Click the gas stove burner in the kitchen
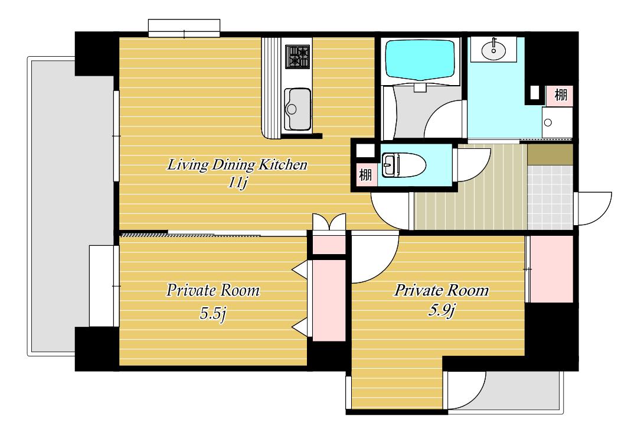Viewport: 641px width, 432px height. (x=297, y=57)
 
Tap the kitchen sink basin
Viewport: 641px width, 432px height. (x=297, y=109)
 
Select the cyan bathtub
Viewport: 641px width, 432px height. (x=420, y=60)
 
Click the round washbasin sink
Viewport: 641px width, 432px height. (x=493, y=51)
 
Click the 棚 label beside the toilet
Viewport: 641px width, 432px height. (x=365, y=176)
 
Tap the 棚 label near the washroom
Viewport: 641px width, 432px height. (x=561, y=95)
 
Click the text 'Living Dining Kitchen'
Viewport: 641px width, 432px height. (x=237, y=165)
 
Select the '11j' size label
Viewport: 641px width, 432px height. (x=237, y=182)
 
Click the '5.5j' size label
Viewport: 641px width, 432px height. (x=212, y=314)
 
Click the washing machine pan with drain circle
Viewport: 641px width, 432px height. (x=557, y=122)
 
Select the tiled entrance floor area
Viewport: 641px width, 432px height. (x=550, y=197)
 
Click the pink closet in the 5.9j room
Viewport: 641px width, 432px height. (x=551, y=269)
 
